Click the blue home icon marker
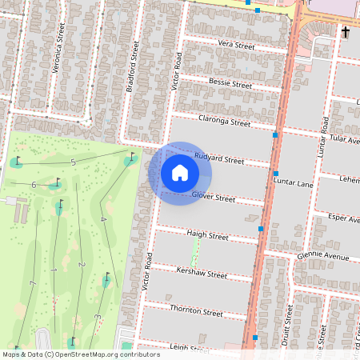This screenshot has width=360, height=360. (x=180, y=173)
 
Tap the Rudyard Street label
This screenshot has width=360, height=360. (x=218, y=158)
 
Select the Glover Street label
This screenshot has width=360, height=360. (x=214, y=198)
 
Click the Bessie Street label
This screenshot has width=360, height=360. (x=230, y=84)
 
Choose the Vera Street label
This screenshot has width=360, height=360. (x=236, y=46)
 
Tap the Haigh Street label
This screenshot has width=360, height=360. (x=207, y=236)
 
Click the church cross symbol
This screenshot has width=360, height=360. (x=346, y=32)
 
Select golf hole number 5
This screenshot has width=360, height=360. (x=73, y=162)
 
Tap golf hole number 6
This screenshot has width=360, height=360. (x=34, y=185)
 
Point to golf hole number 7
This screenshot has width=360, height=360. (x=31, y=284)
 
